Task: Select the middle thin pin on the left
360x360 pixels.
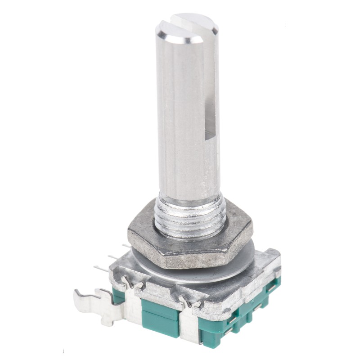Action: coord(112,257)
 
